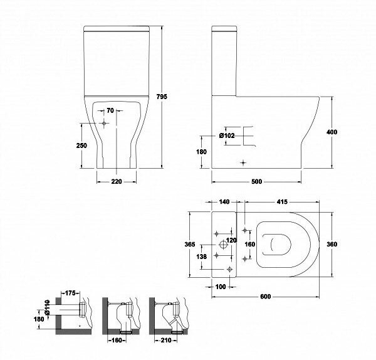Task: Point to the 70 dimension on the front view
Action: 110,111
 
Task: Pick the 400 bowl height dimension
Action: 332,132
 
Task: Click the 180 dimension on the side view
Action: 201,152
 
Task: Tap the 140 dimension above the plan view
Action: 225,202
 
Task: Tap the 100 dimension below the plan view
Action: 220,287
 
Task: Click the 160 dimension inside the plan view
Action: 249,244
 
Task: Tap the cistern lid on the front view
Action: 117,29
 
